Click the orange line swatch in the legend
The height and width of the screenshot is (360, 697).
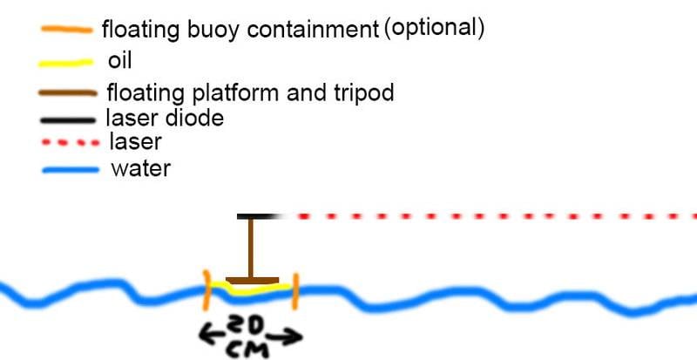[x=67, y=30]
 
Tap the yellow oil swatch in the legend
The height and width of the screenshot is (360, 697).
[x=66, y=63]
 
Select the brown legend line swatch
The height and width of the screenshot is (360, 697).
[x=68, y=93]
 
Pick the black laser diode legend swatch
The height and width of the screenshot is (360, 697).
[x=67, y=120]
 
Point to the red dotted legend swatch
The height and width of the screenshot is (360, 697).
[x=71, y=143]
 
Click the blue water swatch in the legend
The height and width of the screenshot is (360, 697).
[x=71, y=170]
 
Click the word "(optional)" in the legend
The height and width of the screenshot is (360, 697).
[x=433, y=29]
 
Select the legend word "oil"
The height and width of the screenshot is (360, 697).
[x=119, y=60]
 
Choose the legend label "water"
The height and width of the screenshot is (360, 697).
[x=141, y=169]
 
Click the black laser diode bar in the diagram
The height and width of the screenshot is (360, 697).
[x=259, y=217]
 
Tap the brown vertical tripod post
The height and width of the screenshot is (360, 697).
[x=251, y=248]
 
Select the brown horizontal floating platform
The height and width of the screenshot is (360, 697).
[x=253, y=281]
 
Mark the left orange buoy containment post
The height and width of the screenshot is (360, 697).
[x=206, y=290]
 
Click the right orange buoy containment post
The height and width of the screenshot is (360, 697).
[x=295, y=291]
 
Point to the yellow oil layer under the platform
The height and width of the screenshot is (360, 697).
[x=251, y=289]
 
